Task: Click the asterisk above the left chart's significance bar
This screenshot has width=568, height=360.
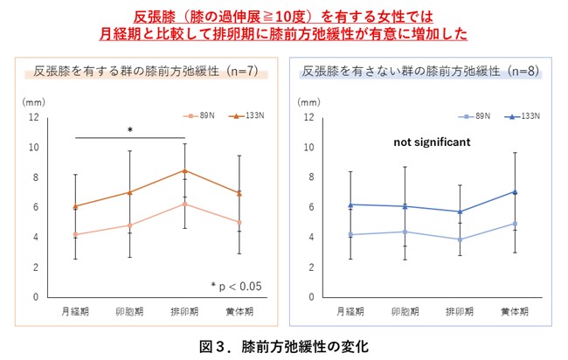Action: coord(129,130)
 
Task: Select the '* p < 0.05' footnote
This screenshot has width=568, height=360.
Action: coord(235,285)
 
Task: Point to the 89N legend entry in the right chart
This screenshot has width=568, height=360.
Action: coord(484,115)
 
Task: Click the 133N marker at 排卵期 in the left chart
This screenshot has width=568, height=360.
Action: coord(184,170)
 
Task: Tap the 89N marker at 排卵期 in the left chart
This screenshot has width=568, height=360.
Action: coord(184,204)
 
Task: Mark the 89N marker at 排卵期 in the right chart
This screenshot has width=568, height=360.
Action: coord(460,239)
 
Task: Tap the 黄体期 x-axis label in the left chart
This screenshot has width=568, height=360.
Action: coord(239,311)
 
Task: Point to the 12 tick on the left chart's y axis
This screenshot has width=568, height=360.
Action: coord(32,117)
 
